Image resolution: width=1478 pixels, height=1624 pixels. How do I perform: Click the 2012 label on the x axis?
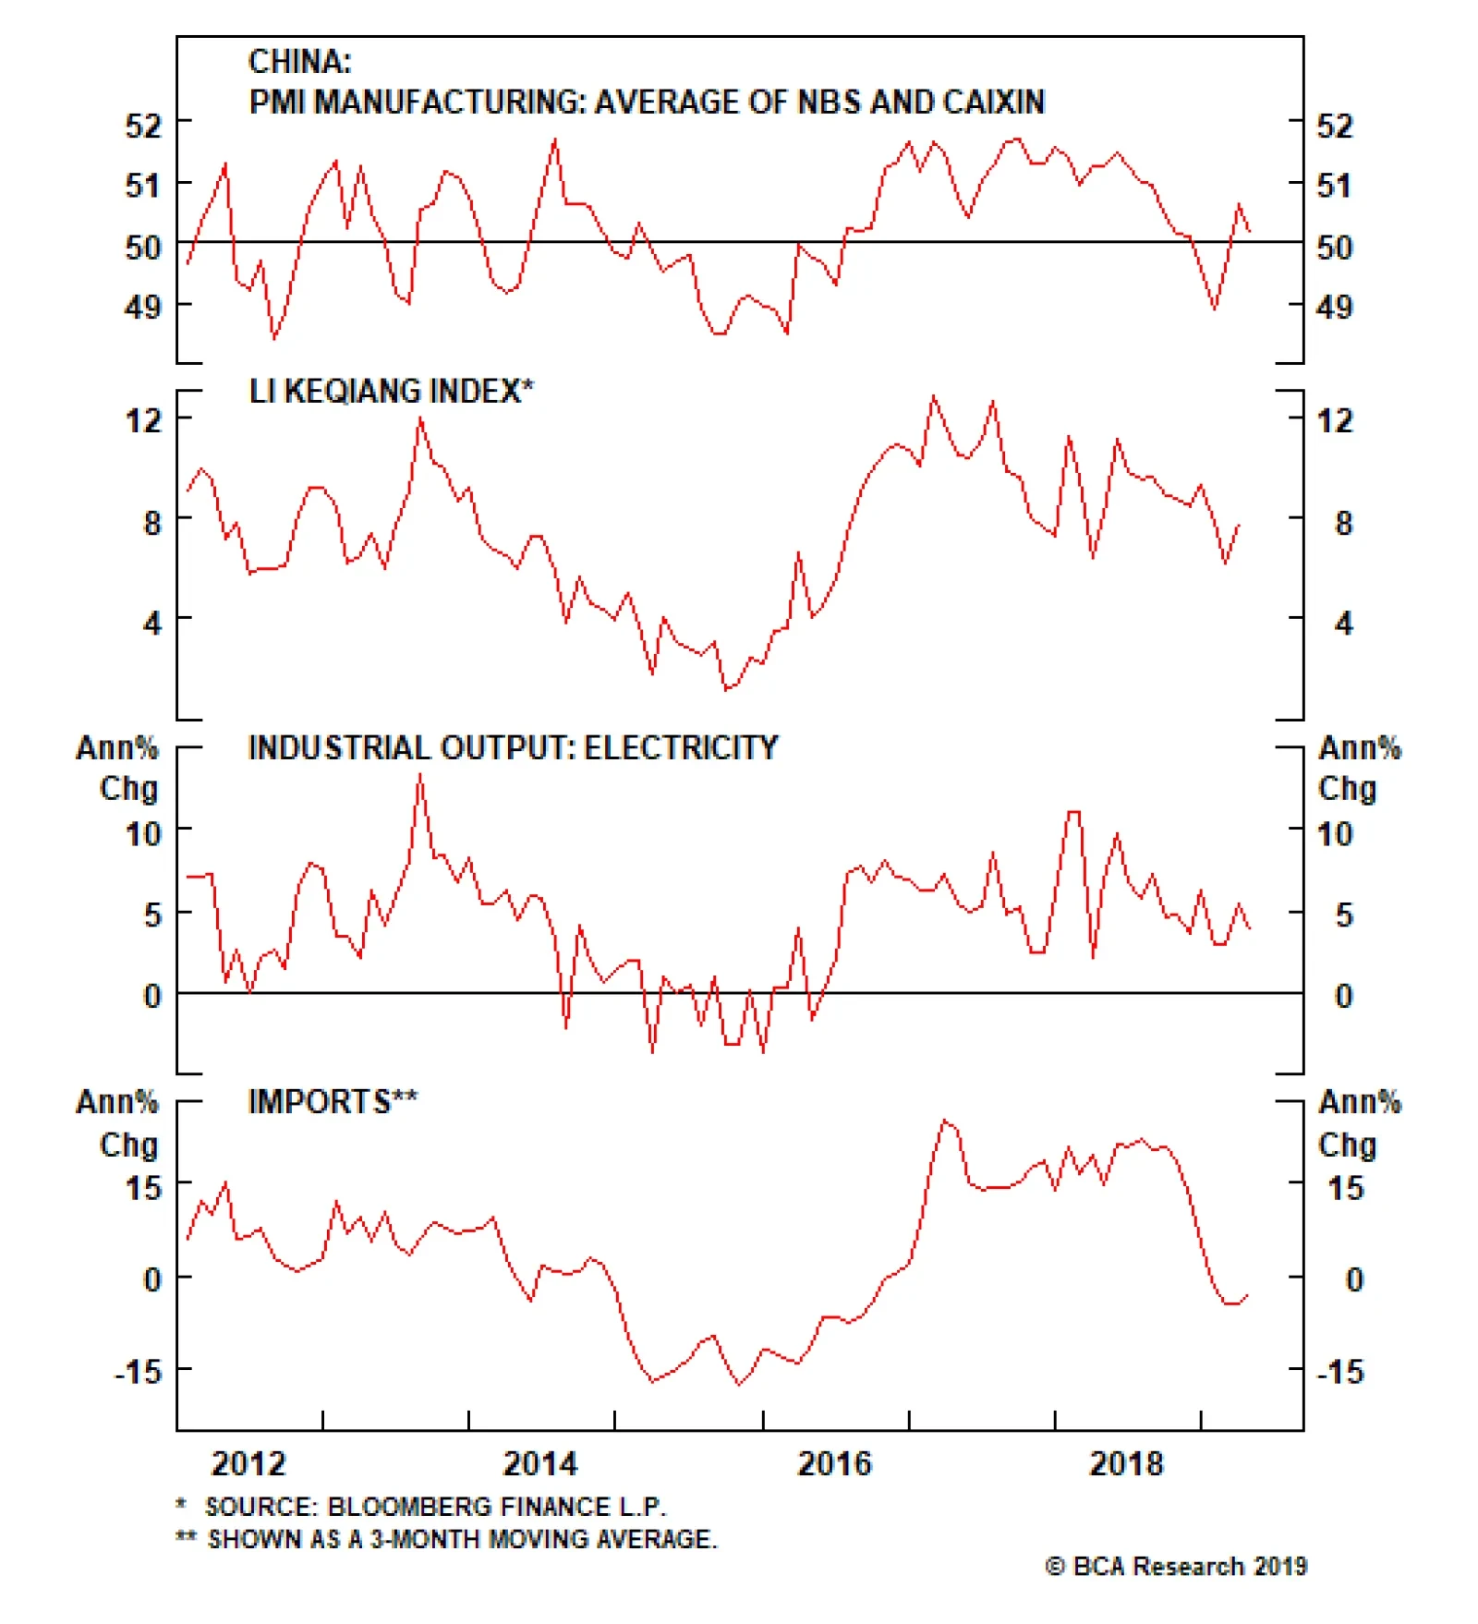click(x=248, y=1463)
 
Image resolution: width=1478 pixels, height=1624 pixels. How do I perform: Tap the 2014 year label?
click(x=539, y=1463)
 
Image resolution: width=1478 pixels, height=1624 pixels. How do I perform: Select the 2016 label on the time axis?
click(x=834, y=1463)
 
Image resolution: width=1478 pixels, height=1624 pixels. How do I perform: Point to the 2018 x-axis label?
click(x=1126, y=1463)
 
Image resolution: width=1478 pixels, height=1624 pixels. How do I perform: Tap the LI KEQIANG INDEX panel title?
click(x=390, y=391)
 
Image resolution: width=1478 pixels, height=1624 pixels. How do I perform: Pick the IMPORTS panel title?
click(x=332, y=1101)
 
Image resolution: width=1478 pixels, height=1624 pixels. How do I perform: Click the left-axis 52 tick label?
click(x=143, y=125)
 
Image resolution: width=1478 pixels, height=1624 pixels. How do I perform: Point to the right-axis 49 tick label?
click(x=1334, y=307)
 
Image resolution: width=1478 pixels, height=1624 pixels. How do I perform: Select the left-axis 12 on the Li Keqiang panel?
click(x=143, y=420)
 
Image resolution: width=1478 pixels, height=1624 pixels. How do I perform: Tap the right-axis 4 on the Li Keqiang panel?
click(x=1344, y=624)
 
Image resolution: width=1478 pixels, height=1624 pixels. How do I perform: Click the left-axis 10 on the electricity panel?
click(x=143, y=834)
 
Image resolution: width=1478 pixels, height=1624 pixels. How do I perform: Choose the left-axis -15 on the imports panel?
click(x=138, y=1371)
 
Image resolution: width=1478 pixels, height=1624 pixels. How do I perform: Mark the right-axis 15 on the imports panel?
click(x=1345, y=1188)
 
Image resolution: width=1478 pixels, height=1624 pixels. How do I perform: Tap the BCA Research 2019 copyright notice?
click(x=1176, y=1566)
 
